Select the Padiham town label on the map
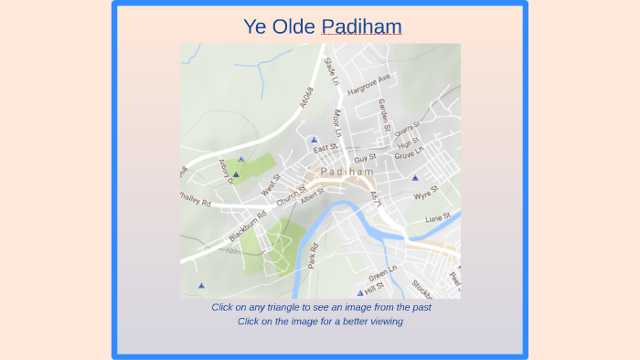point(347,172)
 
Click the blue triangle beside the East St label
point(314,141)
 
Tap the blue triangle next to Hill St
point(360,292)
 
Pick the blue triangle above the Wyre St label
point(414,178)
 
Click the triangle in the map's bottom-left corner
point(201,286)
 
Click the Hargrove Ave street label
point(368,84)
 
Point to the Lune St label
point(439,218)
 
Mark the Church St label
point(291,196)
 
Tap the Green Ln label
point(382,274)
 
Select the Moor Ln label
point(337,122)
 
